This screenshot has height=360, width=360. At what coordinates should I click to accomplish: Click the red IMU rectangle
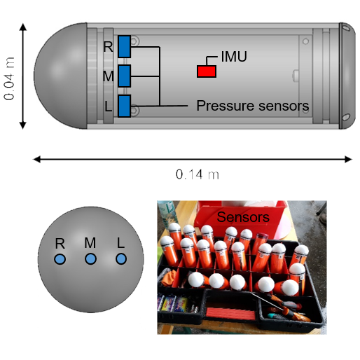207,71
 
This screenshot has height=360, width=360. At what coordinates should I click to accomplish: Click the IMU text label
234,57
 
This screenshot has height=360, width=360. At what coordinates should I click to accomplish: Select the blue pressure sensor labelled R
125,46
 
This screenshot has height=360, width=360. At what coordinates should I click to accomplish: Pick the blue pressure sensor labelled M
125,76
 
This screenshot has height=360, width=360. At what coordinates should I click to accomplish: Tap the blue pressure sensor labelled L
125,106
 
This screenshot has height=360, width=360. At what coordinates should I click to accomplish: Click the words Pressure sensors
253,106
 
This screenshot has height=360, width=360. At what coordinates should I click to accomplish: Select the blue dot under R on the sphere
60,259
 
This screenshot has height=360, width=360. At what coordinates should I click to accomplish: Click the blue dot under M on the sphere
90,259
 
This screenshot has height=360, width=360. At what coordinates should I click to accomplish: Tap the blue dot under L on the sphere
121,259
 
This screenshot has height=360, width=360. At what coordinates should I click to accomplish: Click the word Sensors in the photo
242,217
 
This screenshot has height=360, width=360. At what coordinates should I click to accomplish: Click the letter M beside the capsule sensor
108,76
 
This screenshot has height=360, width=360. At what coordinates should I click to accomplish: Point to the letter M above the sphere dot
90,242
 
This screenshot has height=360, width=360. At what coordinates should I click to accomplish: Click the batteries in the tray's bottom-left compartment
175,304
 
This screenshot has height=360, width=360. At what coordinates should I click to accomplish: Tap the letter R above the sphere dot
60,243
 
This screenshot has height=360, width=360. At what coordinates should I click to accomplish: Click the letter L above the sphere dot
121,242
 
